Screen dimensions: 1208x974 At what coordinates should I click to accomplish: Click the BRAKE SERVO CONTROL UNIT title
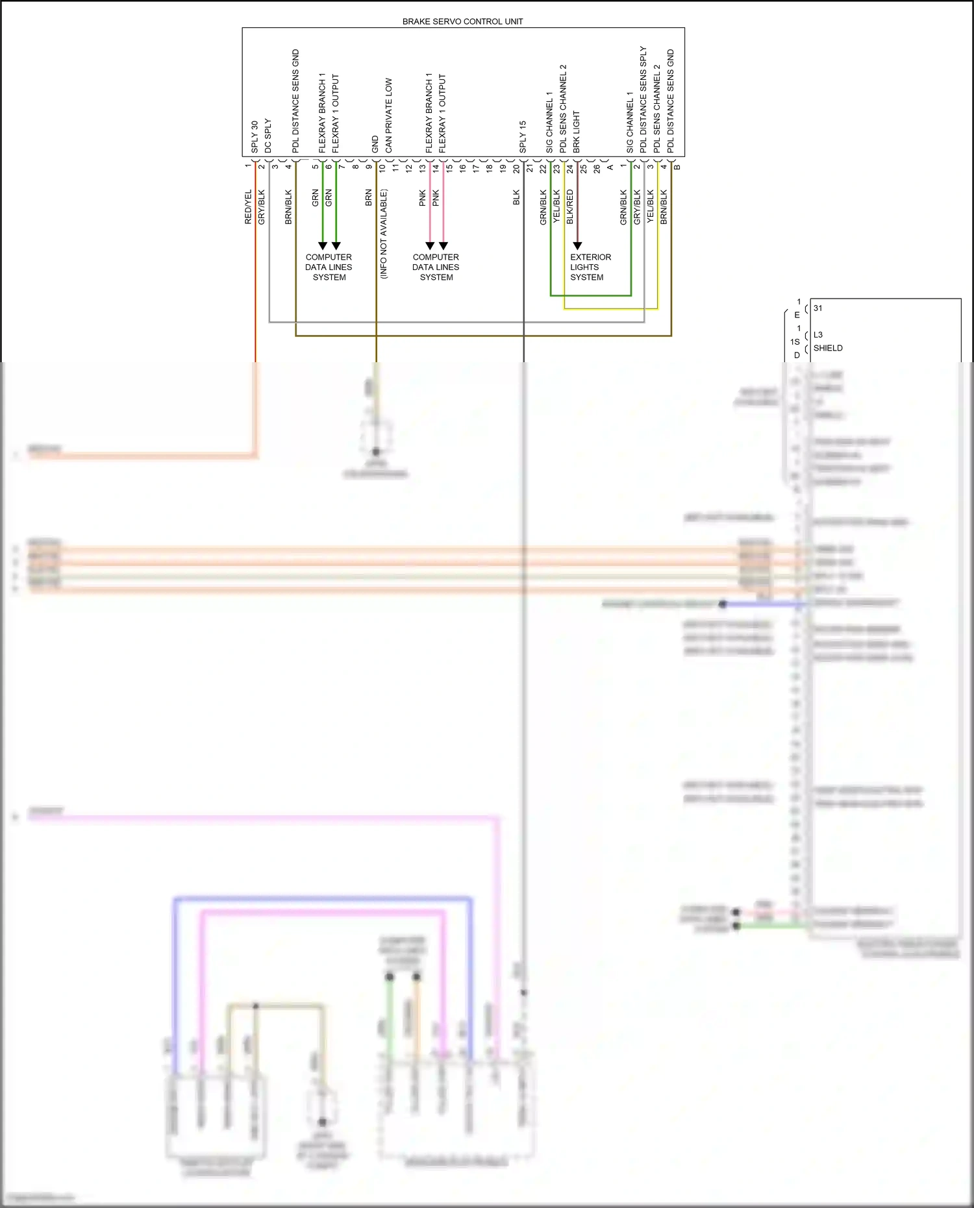[x=462, y=21]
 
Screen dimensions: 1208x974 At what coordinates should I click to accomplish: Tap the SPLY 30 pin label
[x=255, y=136]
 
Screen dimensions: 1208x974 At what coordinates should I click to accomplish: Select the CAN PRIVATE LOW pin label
[x=388, y=116]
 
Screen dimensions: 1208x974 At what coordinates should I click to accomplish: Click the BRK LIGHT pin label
[x=577, y=132]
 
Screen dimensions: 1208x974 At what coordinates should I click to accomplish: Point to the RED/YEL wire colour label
[x=248, y=207]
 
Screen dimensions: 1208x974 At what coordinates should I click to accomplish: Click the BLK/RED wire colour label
[x=570, y=207]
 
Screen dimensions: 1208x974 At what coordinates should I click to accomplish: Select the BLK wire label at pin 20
[x=516, y=197]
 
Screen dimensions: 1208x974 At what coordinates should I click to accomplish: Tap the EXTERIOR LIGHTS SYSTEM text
[x=590, y=267]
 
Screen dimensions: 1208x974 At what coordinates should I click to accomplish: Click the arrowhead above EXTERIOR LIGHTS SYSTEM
[x=577, y=246]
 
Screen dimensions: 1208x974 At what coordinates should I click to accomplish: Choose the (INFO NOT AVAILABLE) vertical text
[x=383, y=234]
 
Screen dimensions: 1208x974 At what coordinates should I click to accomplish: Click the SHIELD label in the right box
[x=828, y=348]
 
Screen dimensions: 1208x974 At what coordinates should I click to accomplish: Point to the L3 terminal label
[x=818, y=335]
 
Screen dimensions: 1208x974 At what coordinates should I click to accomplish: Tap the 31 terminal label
[x=818, y=308]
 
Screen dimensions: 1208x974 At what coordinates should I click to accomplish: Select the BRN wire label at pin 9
[x=368, y=197]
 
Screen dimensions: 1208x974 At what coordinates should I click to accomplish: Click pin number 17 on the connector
[x=476, y=167]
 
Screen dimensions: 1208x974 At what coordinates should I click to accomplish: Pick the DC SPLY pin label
[x=268, y=136]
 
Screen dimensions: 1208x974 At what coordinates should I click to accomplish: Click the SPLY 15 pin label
[x=523, y=136]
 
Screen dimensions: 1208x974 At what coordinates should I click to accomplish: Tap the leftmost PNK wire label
[x=422, y=197]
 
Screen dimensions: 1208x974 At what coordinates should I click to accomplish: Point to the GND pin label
[x=375, y=145]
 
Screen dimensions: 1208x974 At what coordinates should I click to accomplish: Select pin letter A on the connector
[x=610, y=167]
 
